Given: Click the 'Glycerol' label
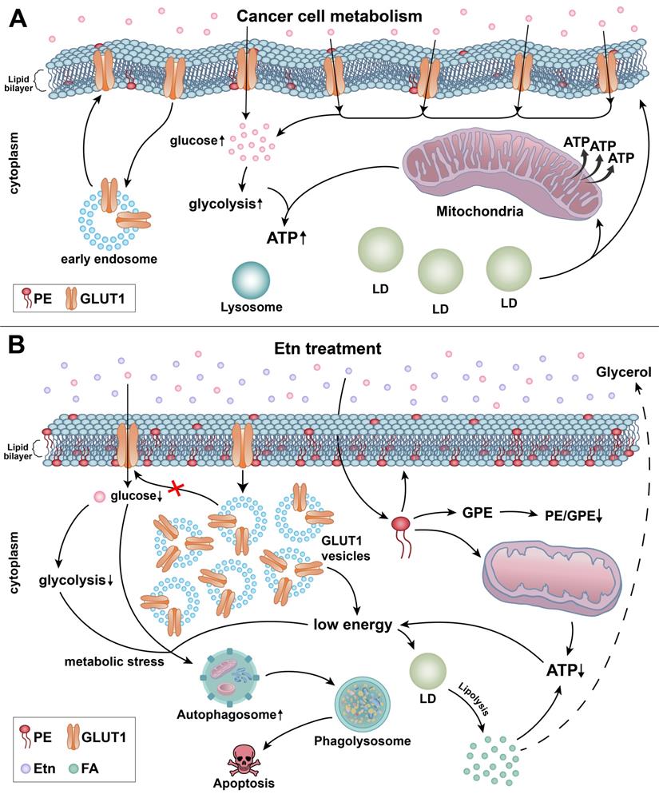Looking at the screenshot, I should click(623, 371).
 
